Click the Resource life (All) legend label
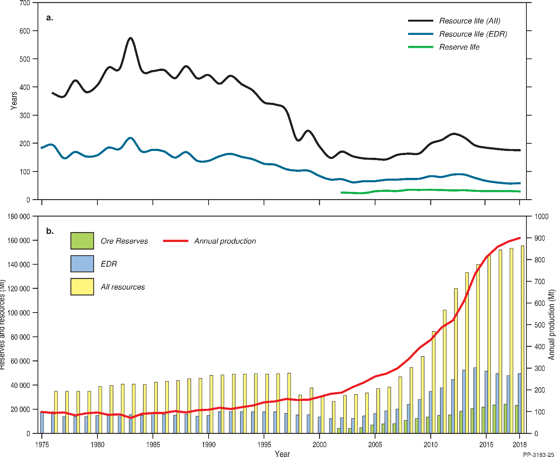click(470, 21)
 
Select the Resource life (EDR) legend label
click(473, 34)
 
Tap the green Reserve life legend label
click(459, 47)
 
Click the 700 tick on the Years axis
click(25, 3)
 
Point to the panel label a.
click(50, 17)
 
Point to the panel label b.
click(50, 231)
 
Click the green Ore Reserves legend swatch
click(82, 241)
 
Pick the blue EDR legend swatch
click(82, 264)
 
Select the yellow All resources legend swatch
click(82, 287)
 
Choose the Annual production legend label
click(225, 241)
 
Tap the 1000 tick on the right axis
click(541, 217)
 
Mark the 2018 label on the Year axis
click(520, 445)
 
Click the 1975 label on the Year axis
click(42, 445)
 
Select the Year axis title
click(282, 454)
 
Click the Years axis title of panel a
click(14, 101)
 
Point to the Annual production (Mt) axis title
click(551, 325)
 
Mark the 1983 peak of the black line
click(130, 38)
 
